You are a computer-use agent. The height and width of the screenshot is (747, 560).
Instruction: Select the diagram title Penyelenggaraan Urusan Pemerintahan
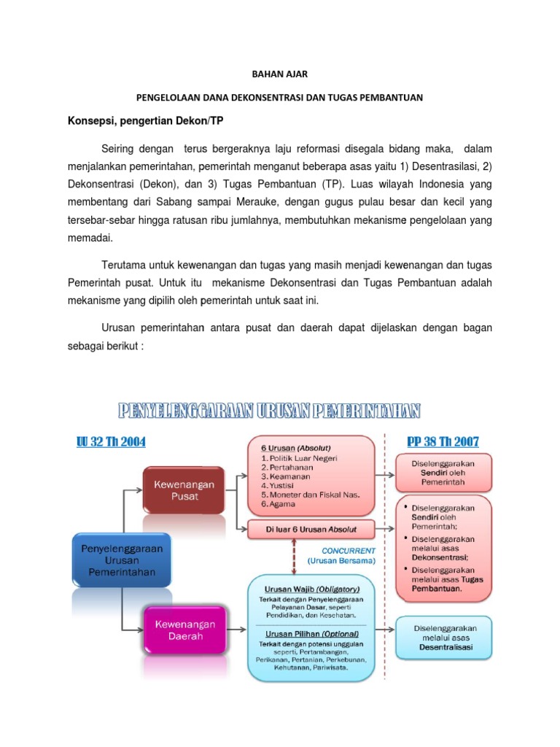click(270, 412)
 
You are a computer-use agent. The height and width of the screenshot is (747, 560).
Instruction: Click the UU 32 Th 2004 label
click(111, 441)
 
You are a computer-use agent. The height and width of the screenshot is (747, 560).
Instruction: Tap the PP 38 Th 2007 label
click(443, 441)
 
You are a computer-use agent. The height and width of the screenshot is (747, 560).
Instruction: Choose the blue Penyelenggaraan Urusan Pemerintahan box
click(122, 560)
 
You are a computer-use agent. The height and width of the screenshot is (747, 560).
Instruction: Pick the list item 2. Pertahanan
click(287, 466)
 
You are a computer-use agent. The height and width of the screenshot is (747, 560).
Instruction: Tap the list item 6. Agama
click(279, 504)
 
